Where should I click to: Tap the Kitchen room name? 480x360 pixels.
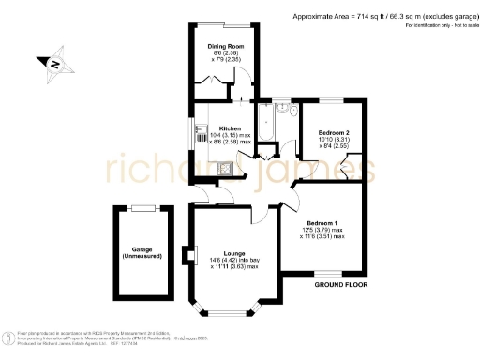(x=230, y=128)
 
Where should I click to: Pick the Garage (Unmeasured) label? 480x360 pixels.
(x=142, y=252)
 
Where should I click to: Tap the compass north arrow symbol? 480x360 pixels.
(x=54, y=65)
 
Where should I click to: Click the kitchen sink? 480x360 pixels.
(x=201, y=169)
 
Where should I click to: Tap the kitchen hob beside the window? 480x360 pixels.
(x=200, y=137)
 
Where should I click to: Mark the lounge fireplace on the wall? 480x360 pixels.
(x=193, y=254)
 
